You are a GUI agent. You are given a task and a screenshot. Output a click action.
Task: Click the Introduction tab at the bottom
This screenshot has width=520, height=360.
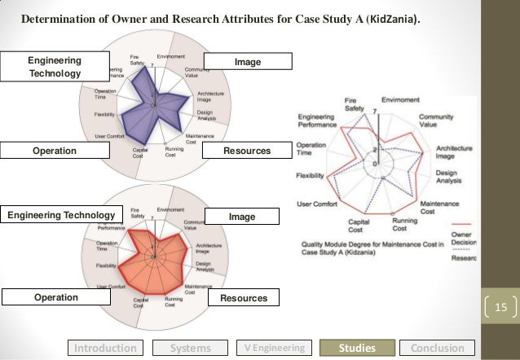(106, 348)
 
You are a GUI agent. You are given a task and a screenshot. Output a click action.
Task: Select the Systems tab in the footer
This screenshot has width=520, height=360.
(189, 348)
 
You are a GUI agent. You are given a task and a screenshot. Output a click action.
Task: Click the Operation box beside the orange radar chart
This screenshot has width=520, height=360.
(55, 297)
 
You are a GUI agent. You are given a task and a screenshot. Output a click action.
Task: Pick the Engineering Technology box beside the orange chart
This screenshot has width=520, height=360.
(61, 215)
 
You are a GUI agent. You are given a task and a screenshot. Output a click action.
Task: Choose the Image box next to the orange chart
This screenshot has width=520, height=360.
(242, 217)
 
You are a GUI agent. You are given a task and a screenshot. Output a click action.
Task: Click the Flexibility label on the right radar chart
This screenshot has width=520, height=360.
(311, 174)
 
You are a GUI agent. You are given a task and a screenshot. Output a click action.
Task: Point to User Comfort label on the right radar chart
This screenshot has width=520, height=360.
(315, 204)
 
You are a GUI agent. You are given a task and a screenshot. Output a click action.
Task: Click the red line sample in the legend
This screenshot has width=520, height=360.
(462, 222)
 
